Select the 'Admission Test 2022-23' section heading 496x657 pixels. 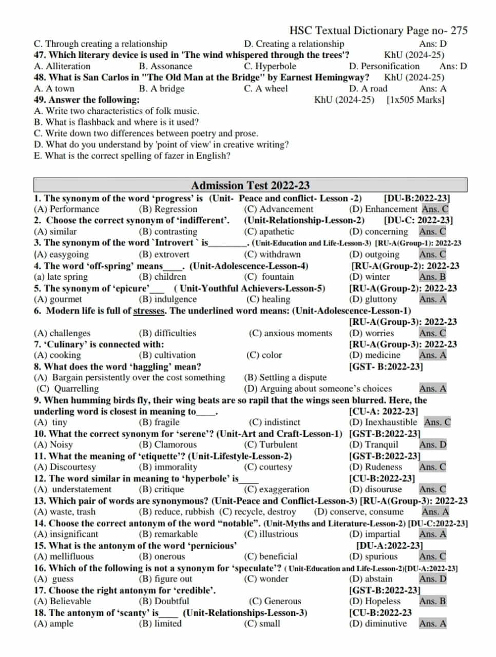click(x=250, y=185)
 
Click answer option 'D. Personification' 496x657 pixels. click(x=384, y=66)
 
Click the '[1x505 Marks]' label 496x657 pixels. click(x=415, y=100)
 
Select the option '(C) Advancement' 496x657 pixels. click(x=278, y=209)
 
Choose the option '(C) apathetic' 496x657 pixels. click(x=269, y=231)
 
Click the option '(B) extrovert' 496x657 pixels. click(x=164, y=254)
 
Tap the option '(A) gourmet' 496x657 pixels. click(x=58, y=299)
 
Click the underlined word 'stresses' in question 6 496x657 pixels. click(x=149, y=311)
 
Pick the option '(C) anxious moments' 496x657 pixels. click(x=290, y=333)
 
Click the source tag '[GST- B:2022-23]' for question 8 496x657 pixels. click(x=386, y=366)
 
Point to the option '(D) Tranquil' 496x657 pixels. click(x=373, y=445)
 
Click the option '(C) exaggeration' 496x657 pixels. click(x=277, y=489)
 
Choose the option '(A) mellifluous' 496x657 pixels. click(x=64, y=556)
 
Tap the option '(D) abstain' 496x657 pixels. click(x=370, y=579)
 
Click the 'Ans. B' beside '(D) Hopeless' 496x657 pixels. click(x=432, y=601)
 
